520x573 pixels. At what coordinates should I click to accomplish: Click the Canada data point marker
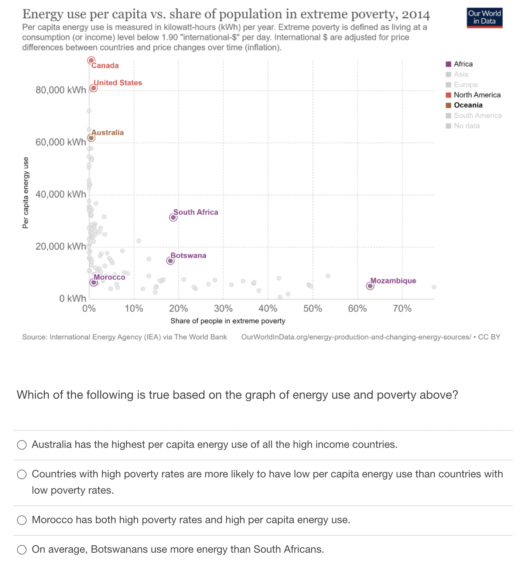click(91, 60)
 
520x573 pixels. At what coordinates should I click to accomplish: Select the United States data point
click(93, 88)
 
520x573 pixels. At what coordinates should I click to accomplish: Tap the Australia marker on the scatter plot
click(91, 138)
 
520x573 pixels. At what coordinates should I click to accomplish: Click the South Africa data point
click(173, 217)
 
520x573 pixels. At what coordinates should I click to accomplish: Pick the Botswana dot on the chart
click(170, 261)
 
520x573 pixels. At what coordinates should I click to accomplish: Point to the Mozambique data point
click(370, 286)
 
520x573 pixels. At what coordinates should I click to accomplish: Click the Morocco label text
click(109, 277)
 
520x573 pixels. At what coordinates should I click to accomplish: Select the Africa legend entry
click(463, 64)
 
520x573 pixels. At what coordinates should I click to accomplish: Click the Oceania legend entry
click(468, 105)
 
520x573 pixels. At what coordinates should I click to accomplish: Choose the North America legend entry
click(477, 95)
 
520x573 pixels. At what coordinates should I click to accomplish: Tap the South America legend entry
click(478, 116)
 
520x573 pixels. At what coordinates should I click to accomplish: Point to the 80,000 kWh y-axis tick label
click(61, 90)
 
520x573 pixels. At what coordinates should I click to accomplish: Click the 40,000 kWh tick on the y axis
click(61, 194)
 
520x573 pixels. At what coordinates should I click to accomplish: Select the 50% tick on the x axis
click(312, 309)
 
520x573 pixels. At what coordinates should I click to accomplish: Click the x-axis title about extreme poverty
click(227, 321)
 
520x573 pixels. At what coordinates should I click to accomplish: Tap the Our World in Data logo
click(484, 17)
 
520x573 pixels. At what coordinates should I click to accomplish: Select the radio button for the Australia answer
click(22, 445)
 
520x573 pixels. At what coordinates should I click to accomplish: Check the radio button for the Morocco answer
click(22, 520)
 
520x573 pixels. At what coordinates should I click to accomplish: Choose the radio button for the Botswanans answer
click(22, 550)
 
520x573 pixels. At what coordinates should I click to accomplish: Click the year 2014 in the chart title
click(415, 14)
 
